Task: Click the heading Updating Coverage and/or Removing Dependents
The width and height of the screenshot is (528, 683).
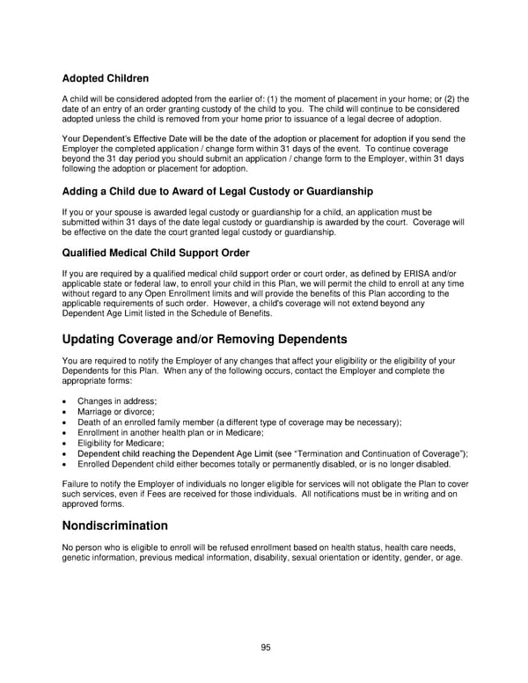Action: [205, 340]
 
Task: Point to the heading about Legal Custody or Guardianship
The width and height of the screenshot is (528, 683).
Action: [217, 192]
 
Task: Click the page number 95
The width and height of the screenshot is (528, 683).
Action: [266, 647]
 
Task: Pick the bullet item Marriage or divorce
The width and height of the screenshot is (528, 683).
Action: [115, 412]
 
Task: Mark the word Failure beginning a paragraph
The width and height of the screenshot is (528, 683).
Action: [77, 485]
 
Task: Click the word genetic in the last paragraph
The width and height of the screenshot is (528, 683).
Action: [77, 559]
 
